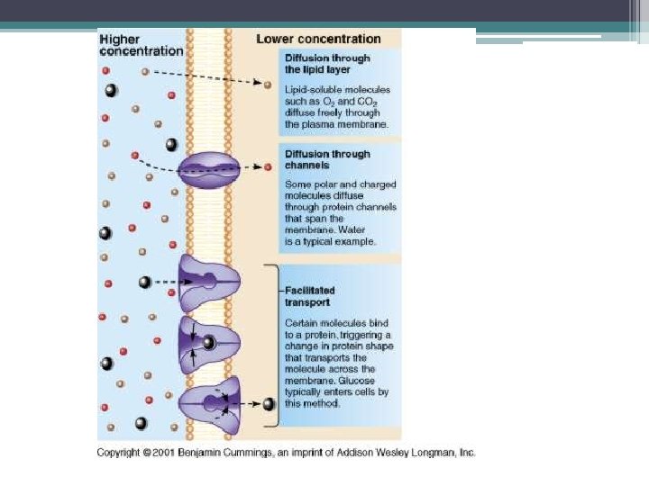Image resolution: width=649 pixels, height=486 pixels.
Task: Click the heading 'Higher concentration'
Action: [x=141, y=45]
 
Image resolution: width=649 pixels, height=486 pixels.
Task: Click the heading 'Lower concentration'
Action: [x=318, y=39]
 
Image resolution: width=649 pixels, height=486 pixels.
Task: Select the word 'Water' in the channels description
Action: [x=358, y=230]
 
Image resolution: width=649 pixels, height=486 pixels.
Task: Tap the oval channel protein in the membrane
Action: [x=208, y=168]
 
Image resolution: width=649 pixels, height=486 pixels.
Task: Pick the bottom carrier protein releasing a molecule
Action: [x=209, y=402]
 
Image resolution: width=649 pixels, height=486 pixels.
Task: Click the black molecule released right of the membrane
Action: [x=269, y=404]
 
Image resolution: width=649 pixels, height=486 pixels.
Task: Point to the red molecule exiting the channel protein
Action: [x=268, y=167]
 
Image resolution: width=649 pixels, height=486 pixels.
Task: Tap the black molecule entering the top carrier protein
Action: [x=144, y=283]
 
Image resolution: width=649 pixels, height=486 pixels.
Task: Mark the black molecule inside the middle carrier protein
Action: [x=209, y=343]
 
